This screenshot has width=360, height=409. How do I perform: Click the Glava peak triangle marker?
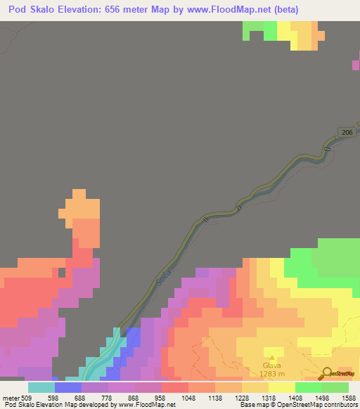[x=271, y=356]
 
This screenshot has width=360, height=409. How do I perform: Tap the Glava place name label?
[x=271, y=365]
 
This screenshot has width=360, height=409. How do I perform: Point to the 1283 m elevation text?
[x=271, y=374]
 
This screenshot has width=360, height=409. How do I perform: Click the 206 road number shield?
[x=344, y=133]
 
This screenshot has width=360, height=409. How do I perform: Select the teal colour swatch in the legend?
[x=41, y=387]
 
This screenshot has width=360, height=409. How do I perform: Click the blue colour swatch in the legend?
[x=68, y=387]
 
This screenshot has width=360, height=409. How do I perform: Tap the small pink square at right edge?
[x=356, y=65]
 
